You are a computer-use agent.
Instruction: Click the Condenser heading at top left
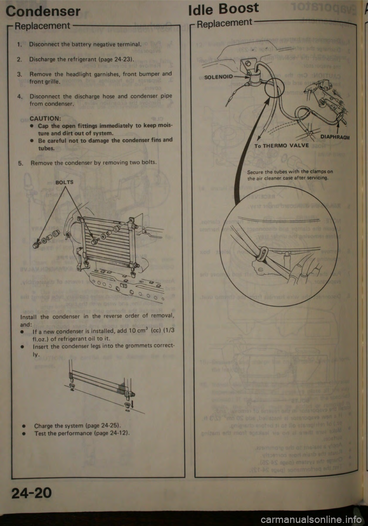click(x=43, y=11)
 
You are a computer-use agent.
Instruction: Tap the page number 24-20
click(x=30, y=493)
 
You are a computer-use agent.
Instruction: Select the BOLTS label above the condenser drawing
click(x=64, y=182)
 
